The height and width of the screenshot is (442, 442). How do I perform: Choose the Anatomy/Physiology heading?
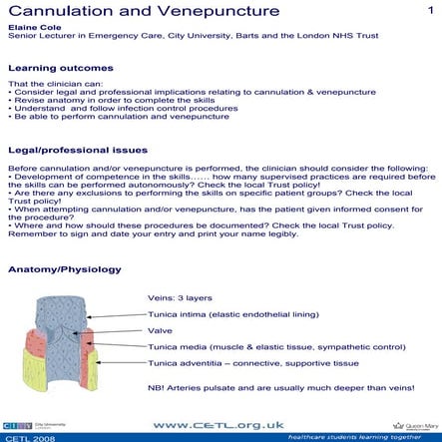tap(64, 270)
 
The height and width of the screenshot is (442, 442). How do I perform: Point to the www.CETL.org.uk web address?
tap(221, 422)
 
